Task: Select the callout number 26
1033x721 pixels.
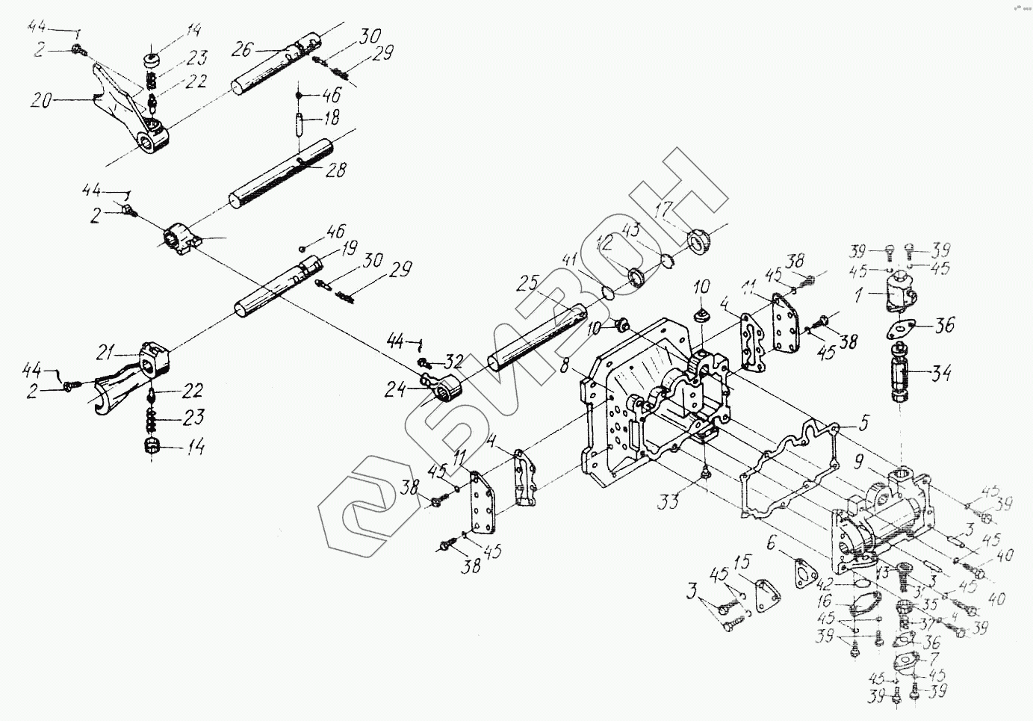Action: pos(240,50)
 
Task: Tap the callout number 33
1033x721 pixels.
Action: pos(669,500)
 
